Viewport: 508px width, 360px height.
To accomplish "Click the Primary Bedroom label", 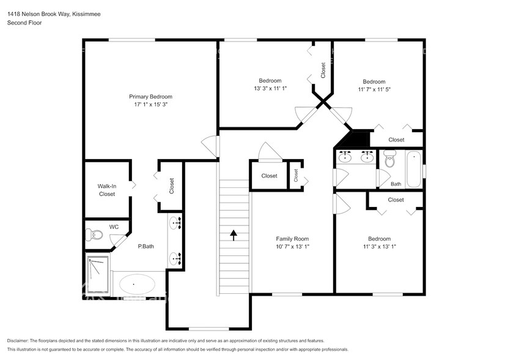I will [x=150, y=96].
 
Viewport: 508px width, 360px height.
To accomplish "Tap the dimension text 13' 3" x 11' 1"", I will [x=270, y=89].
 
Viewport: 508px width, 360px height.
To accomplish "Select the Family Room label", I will [x=292, y=239].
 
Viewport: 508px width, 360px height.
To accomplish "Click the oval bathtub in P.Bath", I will [x=137, y=284].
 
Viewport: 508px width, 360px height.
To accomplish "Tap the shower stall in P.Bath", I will [x=98, y=275].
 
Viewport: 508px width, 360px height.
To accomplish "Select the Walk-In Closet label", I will [x=106, y=190].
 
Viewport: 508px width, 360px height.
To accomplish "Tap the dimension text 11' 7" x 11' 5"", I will [x=374, y=89].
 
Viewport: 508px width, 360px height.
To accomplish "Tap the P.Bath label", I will [x=145, y=247].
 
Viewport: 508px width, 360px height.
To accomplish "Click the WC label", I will [x=114, y=227].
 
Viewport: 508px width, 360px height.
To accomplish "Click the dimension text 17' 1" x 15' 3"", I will [x=150, y=104].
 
